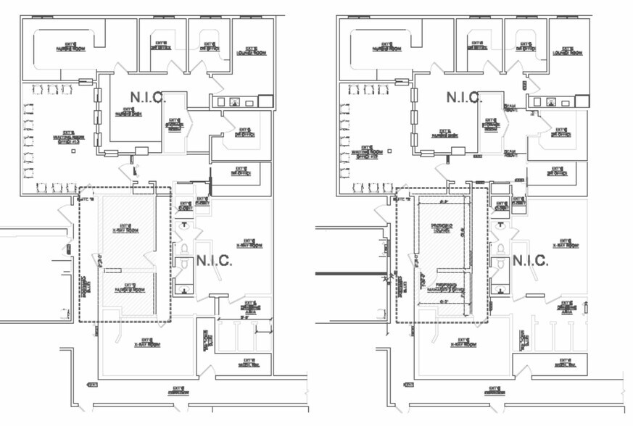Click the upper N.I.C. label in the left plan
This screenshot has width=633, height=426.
click(147, 96)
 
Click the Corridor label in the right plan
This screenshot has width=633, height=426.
click(495, 393)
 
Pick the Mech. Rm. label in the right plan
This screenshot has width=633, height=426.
click(567, 365)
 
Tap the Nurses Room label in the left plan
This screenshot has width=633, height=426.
click(70, 46)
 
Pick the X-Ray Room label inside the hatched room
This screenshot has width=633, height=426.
click(129, 227)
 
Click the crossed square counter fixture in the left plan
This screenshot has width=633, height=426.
click(266, 101)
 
